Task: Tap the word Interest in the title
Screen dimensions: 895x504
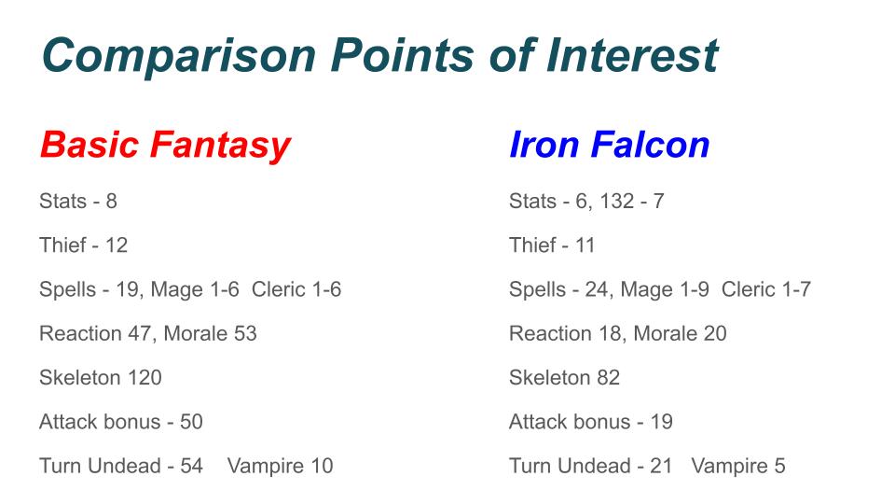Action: (x=632, y=55)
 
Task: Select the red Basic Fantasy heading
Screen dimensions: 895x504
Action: (x=166, y=146)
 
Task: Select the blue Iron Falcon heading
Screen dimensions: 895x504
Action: (x=609, y=144)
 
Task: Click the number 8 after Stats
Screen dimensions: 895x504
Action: (x=111, y=202)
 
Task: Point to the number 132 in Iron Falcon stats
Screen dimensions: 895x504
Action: (x=616, y=202)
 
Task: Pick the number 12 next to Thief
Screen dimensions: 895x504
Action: (x=117, y=245)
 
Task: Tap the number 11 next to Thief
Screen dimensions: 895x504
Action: (x=585, y=245)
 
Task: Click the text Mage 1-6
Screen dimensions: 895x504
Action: (x=195, y=289)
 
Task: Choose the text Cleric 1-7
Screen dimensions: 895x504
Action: (x=766, y=289)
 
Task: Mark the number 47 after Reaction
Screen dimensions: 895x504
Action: (x=139, y=334)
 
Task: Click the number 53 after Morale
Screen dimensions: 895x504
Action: (x=245, y=334)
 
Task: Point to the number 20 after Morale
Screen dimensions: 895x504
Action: (x=715, y=334)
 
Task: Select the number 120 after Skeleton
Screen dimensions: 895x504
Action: (x=145, y=378)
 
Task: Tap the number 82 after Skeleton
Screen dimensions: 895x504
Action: (x=609, y=378)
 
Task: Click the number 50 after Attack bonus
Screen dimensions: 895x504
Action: (x=191, y=422)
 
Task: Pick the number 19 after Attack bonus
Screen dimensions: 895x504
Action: (x=662, y=422)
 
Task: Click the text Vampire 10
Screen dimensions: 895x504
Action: (x=281, y=467)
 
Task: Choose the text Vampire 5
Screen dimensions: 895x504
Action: (x=738, y=467)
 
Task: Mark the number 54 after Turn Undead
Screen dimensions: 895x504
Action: (x=191, y=466)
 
